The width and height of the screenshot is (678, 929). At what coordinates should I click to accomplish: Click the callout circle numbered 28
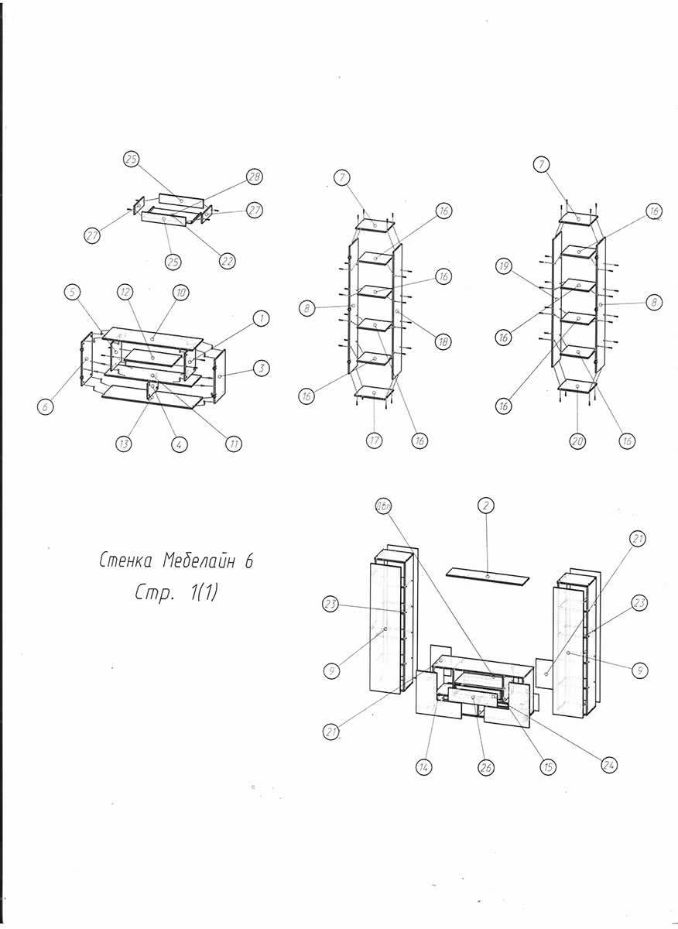254,177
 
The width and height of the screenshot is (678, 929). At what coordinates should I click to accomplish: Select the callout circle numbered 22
227,261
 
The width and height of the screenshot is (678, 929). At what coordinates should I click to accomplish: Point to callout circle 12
125,292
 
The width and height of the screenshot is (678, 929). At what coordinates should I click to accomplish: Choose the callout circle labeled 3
262,368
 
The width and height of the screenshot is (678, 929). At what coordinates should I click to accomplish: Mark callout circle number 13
124,444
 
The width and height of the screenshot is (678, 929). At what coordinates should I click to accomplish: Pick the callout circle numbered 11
233,444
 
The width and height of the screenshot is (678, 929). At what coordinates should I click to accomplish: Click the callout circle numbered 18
443,341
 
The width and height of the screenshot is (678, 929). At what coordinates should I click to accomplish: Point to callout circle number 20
577,441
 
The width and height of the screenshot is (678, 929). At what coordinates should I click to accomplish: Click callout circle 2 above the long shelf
488,506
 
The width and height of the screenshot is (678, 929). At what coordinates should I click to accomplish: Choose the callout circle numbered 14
424,767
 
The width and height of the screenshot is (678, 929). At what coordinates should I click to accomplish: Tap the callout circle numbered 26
488,767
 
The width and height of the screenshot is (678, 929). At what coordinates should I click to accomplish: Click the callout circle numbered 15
548,767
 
